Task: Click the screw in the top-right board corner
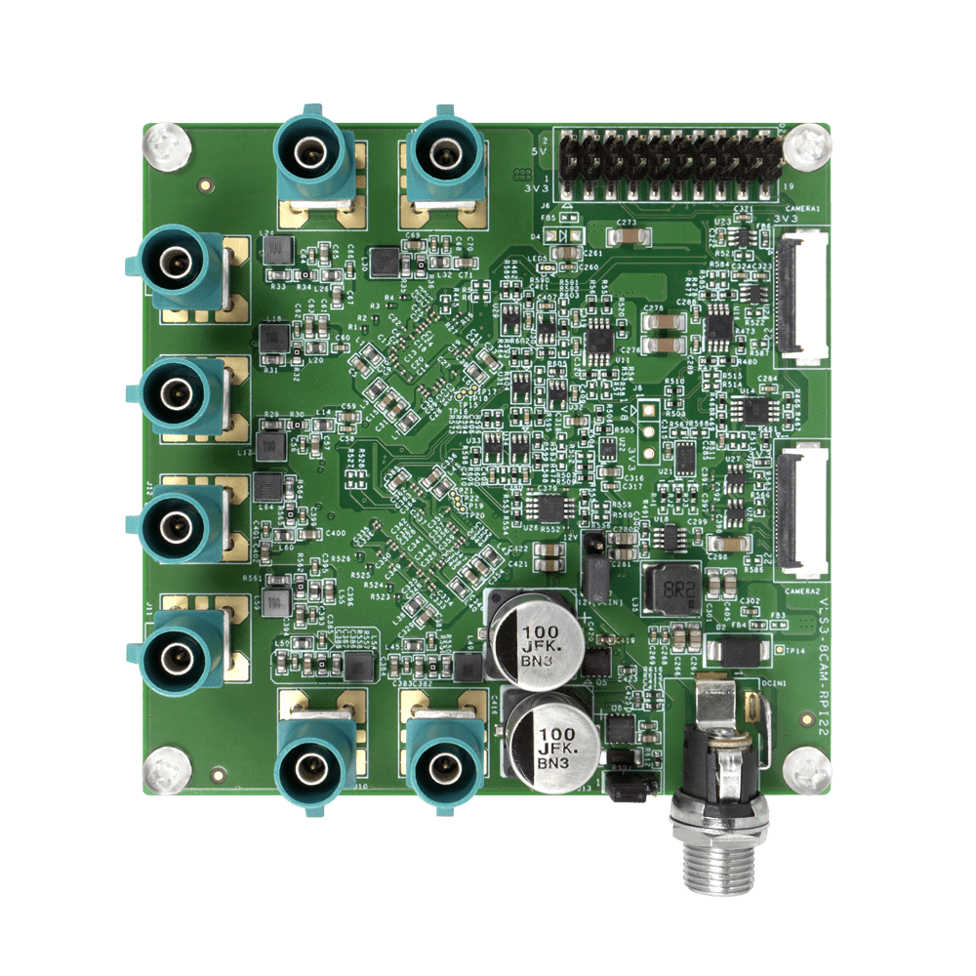pyautogui.click(x=807, y=146)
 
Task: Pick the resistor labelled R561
pyautogui.click(x=252, y=578)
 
